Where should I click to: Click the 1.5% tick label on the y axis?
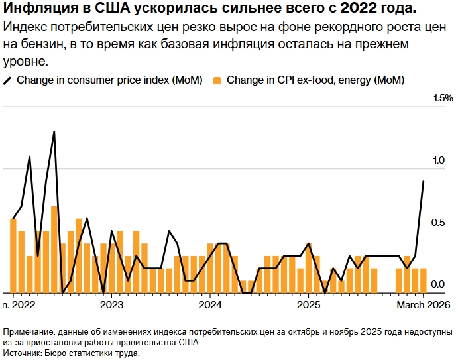(443, 98)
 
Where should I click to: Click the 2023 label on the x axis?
(111, 304)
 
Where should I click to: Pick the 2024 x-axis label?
(210, 304)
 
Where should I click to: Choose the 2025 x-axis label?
(308, 304)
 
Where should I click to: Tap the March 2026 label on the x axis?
(423, 304)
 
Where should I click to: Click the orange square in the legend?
(217, 80)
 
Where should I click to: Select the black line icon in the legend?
(8, 80)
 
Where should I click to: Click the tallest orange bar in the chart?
(54, 249)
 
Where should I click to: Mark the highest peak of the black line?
(54, 131)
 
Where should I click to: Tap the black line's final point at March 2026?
(424, 181)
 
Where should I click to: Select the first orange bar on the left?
(13, 255)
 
